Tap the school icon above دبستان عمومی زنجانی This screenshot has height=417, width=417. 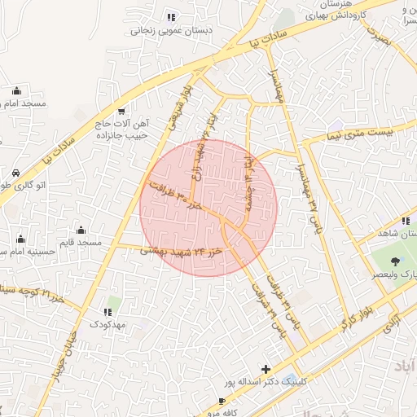170,17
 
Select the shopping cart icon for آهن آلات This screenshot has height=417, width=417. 122,112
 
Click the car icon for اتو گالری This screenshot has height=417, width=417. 17,173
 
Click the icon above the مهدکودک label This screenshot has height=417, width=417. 107,312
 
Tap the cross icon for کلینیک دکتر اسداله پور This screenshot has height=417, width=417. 266,369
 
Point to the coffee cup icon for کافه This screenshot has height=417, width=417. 222,402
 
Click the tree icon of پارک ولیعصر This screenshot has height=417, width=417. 395,261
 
